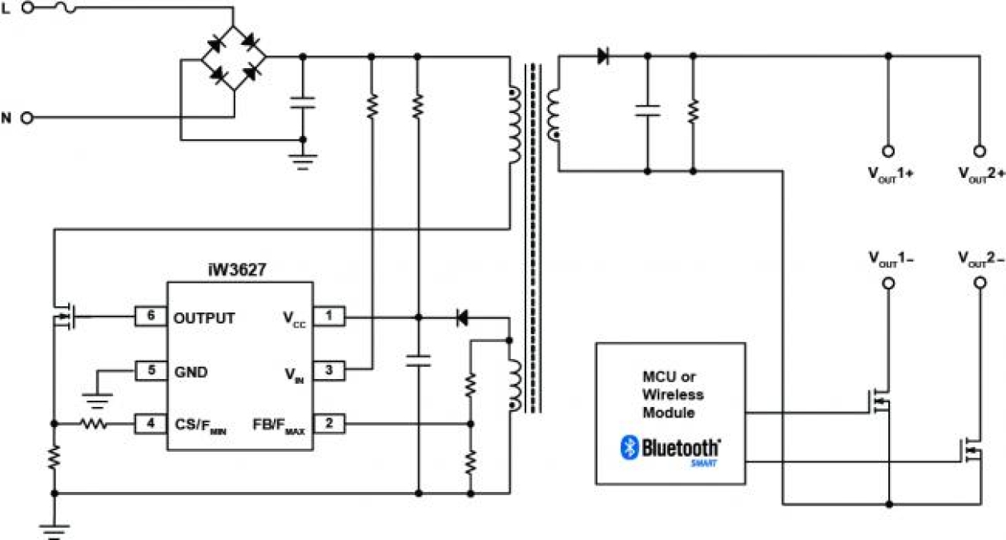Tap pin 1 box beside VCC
point(328,317)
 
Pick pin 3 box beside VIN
point(328,371)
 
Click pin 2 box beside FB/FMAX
point(328,424)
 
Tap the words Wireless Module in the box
point(670,403)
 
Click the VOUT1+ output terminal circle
point(888,151)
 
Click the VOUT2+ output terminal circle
point(978,151)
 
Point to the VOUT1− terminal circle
point(888,284)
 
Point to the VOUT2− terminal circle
point(978,284)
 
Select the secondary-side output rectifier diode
point(602,56)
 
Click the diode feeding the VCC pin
point(461,317)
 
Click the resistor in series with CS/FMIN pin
point(93,424)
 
